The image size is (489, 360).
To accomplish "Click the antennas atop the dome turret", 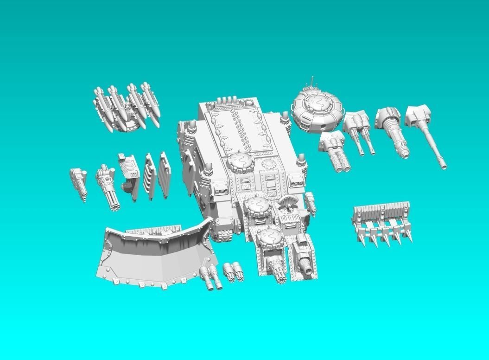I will [x=311, y=82].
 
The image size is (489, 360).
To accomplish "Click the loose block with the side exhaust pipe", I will [x=130, y=176].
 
